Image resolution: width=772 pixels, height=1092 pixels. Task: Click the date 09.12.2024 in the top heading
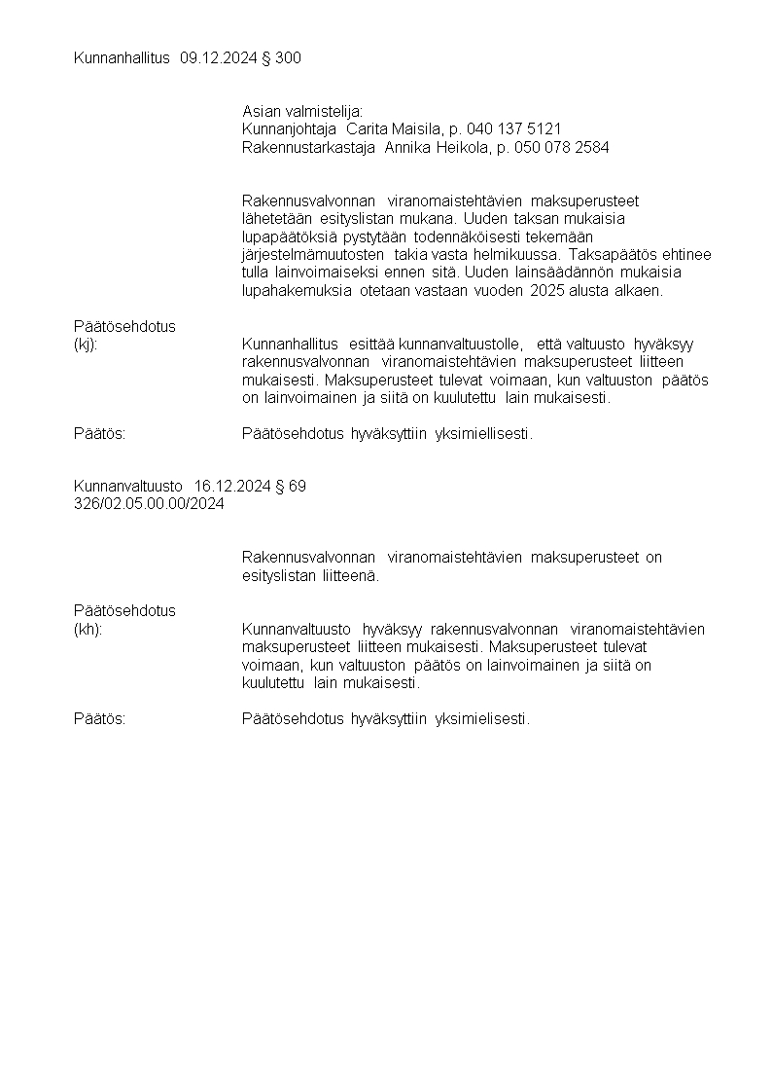220,58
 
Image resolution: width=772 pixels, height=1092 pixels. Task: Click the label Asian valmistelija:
302,112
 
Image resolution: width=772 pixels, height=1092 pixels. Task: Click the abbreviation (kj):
86,345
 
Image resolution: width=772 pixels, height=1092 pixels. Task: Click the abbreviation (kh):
88,629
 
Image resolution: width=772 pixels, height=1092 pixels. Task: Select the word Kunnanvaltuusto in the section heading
128,486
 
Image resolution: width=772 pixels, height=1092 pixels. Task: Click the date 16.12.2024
233,486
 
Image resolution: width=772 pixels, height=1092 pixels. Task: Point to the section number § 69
292,486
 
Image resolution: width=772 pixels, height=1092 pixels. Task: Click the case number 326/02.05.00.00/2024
149,503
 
